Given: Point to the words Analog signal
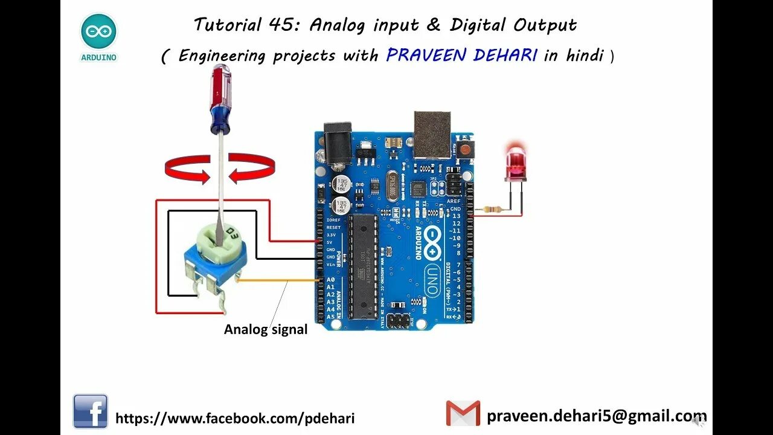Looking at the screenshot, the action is click(266, 330).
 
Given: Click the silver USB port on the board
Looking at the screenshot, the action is click(432, 134).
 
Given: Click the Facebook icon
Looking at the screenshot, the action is click(91, 411).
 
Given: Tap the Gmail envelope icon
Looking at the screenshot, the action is click(463, 413).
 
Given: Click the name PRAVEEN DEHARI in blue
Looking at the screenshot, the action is click(462, 56).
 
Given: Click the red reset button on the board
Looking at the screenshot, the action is click(466, 149).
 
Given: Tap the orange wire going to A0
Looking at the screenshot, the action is click(278, 281).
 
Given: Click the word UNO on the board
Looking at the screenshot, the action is click(432, 280).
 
